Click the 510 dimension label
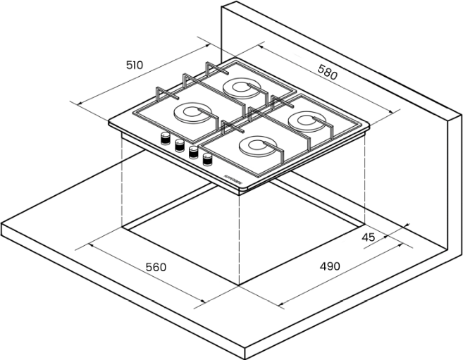(135, 66)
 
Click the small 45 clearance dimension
(368, 237)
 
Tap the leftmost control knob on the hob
(166, 139)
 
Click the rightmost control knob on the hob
(207, 159)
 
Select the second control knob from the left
(180, 146)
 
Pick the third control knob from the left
(193, 152)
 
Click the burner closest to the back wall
(241, 88)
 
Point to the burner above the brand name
(253, 147)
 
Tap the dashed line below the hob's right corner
(365, 176)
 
